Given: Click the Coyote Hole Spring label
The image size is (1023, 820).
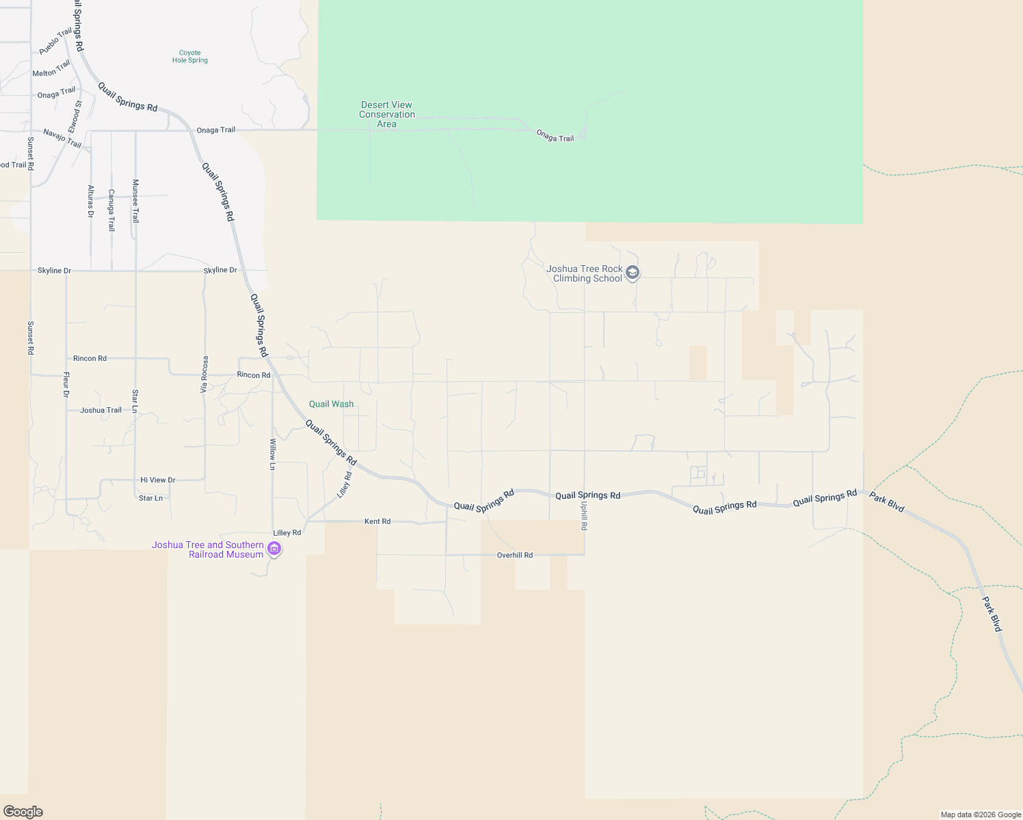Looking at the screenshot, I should click(190, 57).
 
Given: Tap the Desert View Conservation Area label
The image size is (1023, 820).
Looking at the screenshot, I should click(387, 114).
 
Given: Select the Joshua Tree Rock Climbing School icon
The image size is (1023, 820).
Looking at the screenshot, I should click(633, 273).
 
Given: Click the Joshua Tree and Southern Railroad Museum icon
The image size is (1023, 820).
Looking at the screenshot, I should click(274, 549).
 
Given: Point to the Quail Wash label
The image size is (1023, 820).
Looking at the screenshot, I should click(332, 404).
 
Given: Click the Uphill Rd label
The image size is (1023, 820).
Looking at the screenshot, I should click(584, 516).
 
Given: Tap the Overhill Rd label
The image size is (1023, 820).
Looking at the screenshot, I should click(515, 556).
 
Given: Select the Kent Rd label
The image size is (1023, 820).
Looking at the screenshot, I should click(377, 521).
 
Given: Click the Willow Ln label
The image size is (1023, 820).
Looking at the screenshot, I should click(272, 454).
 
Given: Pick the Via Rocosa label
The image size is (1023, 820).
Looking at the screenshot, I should click(204, 374).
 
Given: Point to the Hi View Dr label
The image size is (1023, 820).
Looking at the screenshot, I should click(158, 480).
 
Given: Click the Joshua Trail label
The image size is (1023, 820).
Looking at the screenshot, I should click(101, 411).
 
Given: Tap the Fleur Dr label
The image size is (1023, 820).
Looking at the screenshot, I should click(66, 385).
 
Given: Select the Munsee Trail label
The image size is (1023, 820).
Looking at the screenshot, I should click(135, 201).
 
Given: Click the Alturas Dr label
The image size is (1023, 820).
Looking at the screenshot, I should click(90, 202).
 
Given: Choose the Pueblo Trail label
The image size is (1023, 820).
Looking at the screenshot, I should click(55, 42).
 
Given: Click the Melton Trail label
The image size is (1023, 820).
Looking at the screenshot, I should click(51, 69).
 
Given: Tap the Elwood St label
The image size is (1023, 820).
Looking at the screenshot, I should click(75, 117).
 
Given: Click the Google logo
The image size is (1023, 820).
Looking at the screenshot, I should click(23, 812).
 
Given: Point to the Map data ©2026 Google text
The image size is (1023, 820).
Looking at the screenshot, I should click(981, 815).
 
